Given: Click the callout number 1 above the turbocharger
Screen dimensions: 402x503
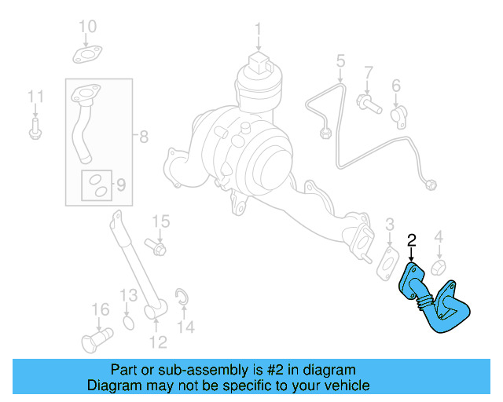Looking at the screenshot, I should [x=257, y=31].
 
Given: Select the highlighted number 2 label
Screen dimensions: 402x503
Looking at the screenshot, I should [x=411, y=241].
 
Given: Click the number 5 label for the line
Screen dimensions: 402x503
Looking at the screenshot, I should [x=341, y=60].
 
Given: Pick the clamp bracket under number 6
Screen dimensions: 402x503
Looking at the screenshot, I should [x=398, y=115].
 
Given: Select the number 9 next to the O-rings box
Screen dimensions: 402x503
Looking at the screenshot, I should [x=121, y=185].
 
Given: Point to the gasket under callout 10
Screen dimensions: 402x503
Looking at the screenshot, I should [x=87, y=54].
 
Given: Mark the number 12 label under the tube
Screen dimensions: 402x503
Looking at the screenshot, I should [x=158, y=342].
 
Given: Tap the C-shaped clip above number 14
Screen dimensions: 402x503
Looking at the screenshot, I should [x=180, y=296].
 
